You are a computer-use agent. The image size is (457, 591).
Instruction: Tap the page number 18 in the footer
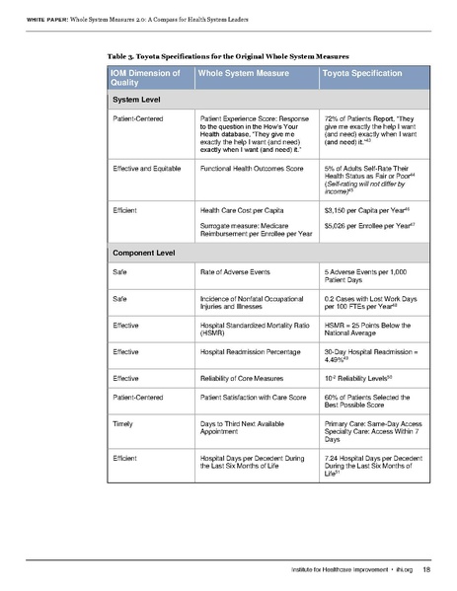[425, 570]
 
